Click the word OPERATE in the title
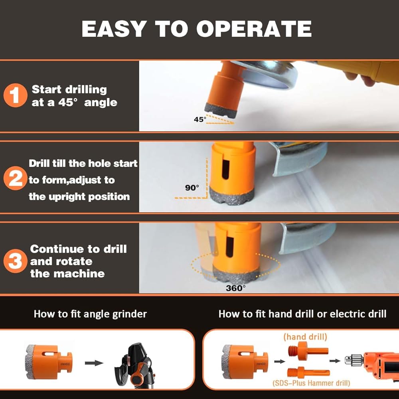point(254,28)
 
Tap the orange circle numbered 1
point(15,95)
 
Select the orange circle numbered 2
point(15,178)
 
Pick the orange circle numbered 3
point(15,261)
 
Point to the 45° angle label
point(200,119)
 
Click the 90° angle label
point(192,188)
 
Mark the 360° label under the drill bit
point(236,288)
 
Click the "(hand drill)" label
point(305,337)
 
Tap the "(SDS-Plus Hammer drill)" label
point(311,383)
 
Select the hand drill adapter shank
point(308,351)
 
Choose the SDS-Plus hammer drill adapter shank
point(309,373)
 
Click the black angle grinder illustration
point(134,366)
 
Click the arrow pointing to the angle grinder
point(94,363)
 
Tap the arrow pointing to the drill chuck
point(335,361)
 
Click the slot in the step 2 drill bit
point(225,170)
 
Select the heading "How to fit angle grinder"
point(90,314)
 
